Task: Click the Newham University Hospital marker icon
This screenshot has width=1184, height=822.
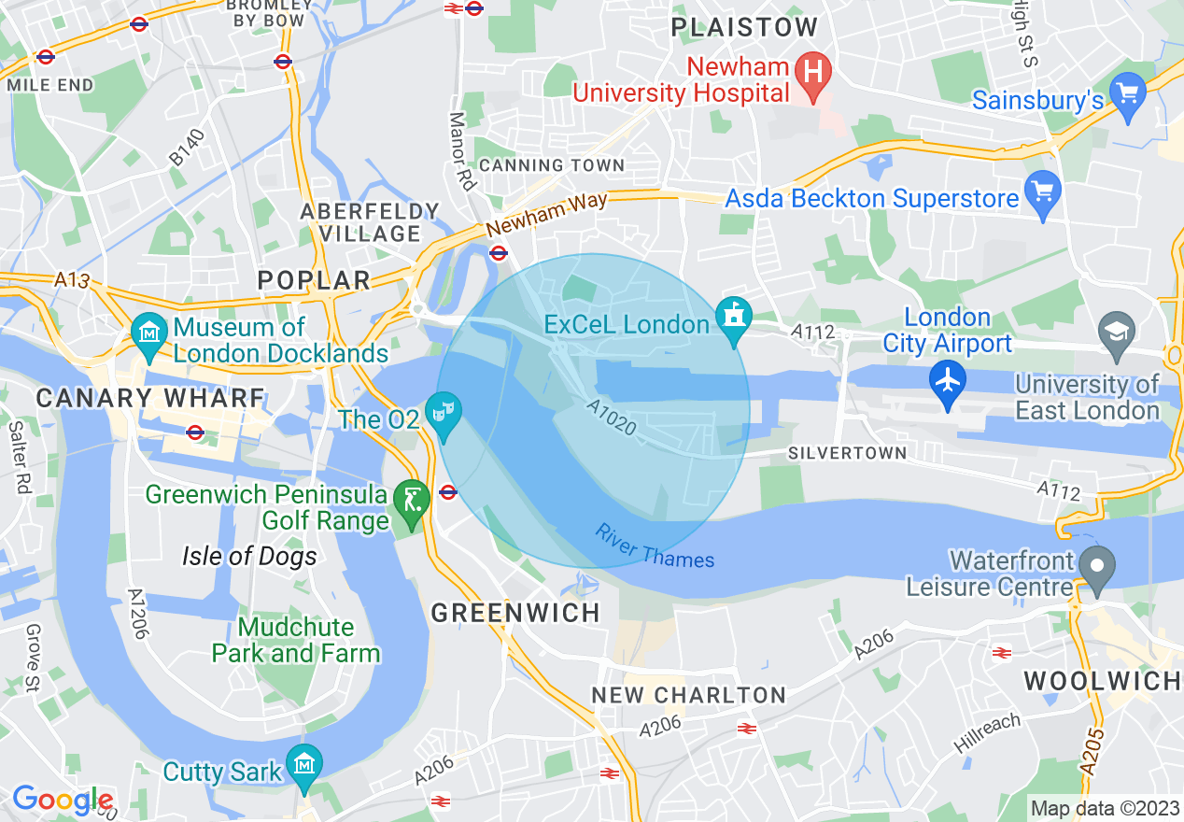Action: (813, 71)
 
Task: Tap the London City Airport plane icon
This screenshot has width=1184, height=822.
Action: (948, 381)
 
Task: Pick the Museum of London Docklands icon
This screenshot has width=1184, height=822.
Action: (148, 333)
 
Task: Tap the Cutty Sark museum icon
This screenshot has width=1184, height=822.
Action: (303, 763)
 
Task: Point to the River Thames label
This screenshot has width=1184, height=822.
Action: (654, 547)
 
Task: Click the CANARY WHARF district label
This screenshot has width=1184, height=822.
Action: (150, 398)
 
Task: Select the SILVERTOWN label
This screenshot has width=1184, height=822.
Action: (847, 453)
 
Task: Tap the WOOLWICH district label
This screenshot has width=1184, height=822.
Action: (1102, 681)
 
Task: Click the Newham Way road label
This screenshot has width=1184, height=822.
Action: (546, 214)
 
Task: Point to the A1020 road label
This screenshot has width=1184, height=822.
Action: (612, 418)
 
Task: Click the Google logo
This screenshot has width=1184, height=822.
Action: (62, 800)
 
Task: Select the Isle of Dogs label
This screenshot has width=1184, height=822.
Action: (249, 557)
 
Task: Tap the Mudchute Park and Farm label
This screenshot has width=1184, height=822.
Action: (295, 640)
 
